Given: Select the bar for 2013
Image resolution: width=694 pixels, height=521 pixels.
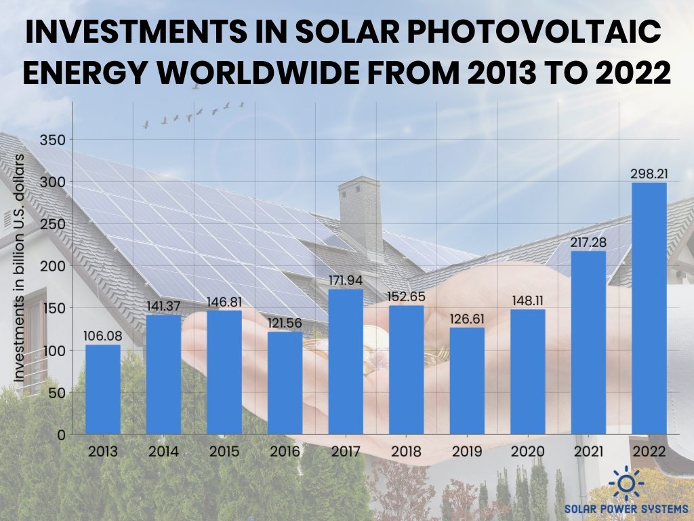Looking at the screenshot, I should (x=103, y=389).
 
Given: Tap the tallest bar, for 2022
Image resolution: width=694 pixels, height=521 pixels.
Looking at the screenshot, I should (x=649, y=309).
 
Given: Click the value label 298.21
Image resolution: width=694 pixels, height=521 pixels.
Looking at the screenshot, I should (x=649, y=174).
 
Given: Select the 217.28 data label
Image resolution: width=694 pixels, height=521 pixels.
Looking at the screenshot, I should (x=588, y=242).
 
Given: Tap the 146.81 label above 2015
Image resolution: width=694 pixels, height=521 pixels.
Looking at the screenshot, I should (x=224, y=302).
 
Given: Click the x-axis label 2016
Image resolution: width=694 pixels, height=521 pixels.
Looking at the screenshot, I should (x=285, y=451).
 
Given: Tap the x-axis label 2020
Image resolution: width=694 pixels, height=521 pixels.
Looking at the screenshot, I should (x=527, y=451).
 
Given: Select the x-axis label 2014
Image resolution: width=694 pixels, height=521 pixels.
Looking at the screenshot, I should (x=163, y=451).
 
